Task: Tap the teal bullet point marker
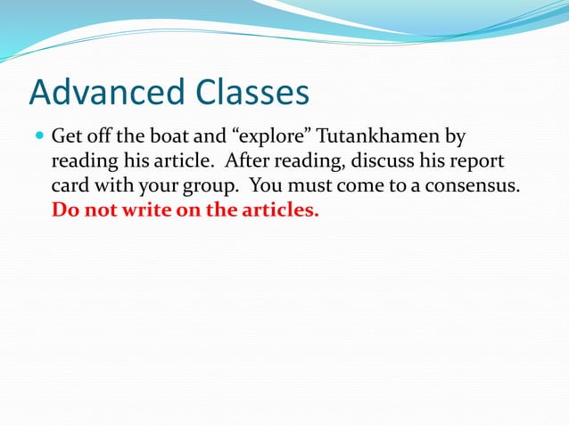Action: click(x=37, y=137)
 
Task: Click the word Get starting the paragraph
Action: click(x=67, y=138)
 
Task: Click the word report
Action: click(x=475, y=163)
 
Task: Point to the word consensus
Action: click(x=478, y=188)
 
